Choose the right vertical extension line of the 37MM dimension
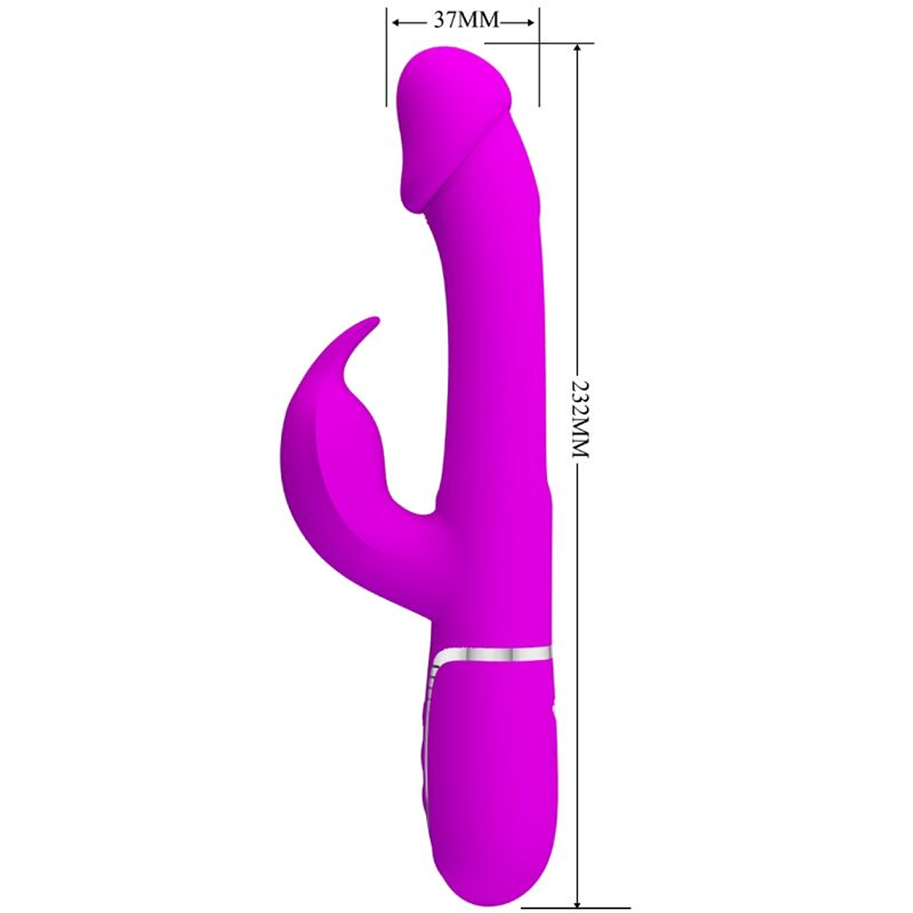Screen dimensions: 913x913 click(x=539, y=56)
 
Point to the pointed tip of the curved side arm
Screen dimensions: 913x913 click(x=374, y=321)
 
